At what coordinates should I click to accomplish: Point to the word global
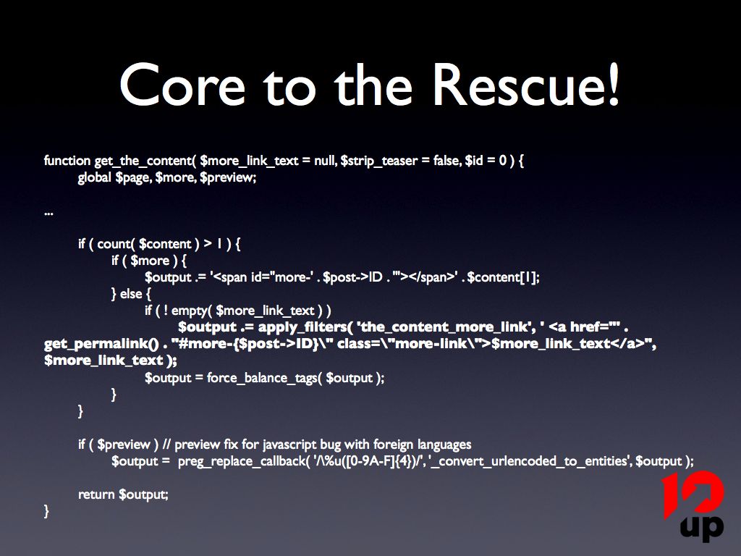(95, 177)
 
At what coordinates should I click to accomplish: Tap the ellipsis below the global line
(48, 212)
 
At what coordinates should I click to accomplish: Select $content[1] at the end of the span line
(504, 277)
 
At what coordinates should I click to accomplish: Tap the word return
(97, 494)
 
